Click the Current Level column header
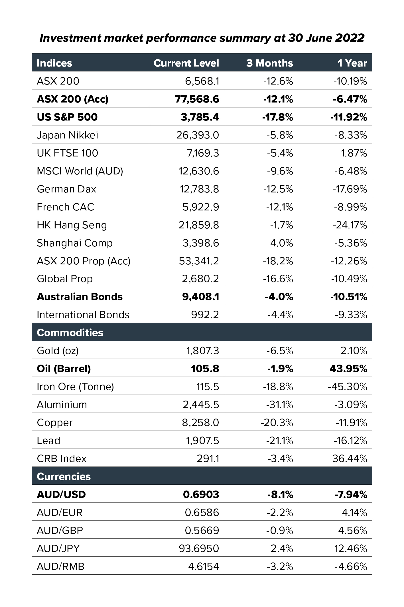click(186, 63)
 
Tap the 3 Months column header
click(269, 63)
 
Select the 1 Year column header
click(352, 63)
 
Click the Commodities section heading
click(70, 333)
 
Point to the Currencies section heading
click(64, 477)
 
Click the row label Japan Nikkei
click(67, 135)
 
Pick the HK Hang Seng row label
click(72, 225)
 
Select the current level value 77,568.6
click(197, 99)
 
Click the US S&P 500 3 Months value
click(277, 117)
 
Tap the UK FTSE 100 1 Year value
click(354, 153)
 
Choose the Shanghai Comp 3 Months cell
click(281, 243)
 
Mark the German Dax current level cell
click(199, 189)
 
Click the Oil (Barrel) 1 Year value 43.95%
click(348, 369)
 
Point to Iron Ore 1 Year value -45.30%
click(347, 387)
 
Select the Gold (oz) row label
click(58, 351)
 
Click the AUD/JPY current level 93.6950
click(199, 548)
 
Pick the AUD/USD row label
click(61, 495)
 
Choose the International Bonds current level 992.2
click(205, 315)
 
